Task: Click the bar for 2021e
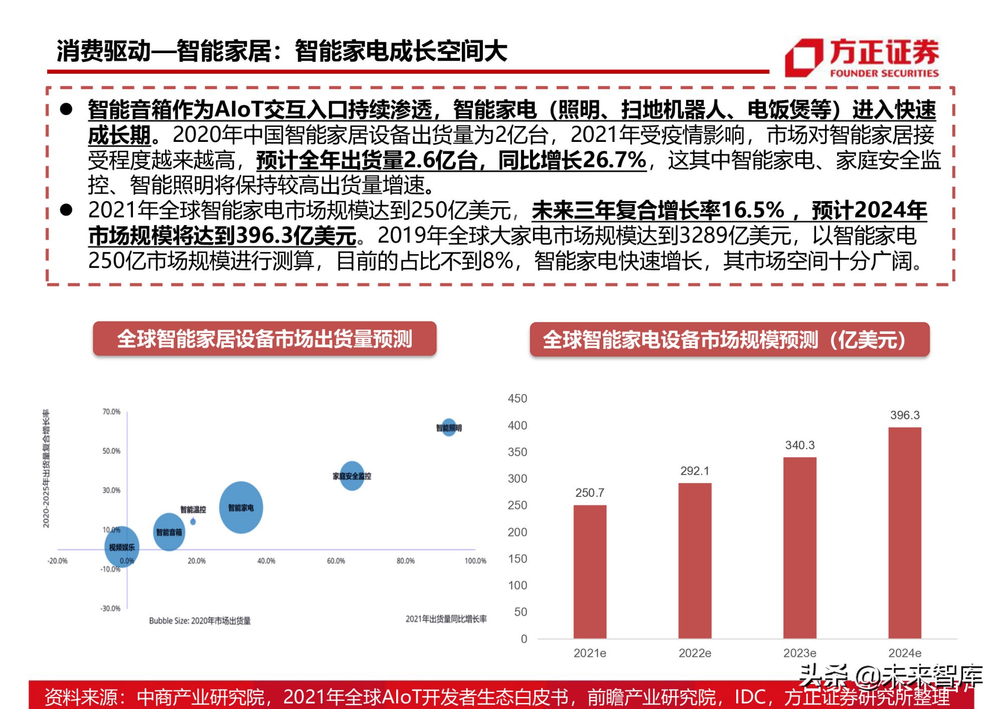click(x=590, y=572)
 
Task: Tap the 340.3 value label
click(x=799, y=445)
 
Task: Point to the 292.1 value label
click(x=695, y=471)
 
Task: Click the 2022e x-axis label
click(x=695, y=653)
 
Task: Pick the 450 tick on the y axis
click(x=517, y=399)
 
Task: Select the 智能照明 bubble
click(x=449, y=427)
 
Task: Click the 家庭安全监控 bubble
click(x=352, y=475)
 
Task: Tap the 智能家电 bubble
click(x=241, y=507)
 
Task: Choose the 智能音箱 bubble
click(x=169, y=532)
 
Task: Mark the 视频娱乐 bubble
click(x=121, y=547)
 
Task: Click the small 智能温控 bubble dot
click(x=193, y=522)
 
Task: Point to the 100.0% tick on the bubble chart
click(x=475, y=561)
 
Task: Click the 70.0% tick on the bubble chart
click(x=111, y=412)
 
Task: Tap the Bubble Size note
click(x=200, y=621)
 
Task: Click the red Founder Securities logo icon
click(x=803, y=58)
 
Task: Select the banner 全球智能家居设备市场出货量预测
click(x=264, y=339)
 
